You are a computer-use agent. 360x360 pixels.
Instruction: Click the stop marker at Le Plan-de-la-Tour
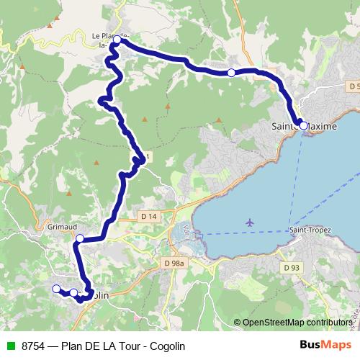coord(117,40)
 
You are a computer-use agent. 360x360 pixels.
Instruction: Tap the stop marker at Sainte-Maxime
coord(303,125)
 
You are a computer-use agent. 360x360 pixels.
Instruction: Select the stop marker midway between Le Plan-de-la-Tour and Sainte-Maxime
coord(231,73)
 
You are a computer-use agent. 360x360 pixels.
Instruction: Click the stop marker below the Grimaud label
coord(80,238)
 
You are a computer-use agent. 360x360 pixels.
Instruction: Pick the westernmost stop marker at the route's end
coord(55,289)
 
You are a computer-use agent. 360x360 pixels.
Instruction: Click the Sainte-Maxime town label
coord(304,127)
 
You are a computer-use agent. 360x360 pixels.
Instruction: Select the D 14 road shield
coord(149,216)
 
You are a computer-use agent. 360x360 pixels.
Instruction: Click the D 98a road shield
coord(174,264)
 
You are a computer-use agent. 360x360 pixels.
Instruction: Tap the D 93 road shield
coord(291,268)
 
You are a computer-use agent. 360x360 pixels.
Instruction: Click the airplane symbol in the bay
coord(249,222)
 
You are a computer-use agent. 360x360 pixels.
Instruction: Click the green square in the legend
coord(11,346)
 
